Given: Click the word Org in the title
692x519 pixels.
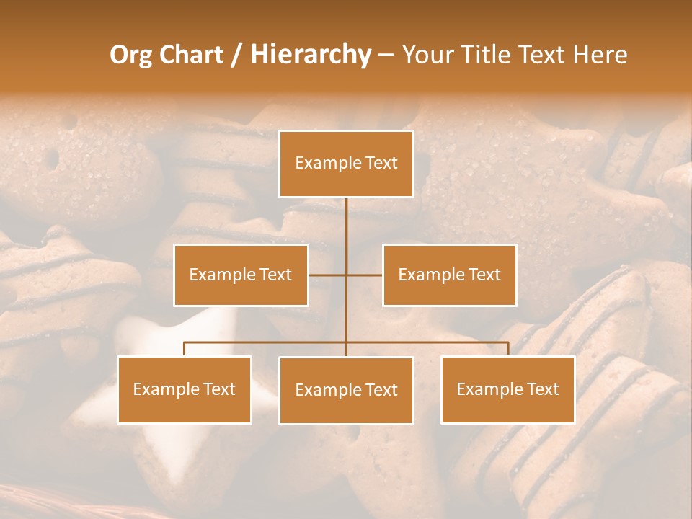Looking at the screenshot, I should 131,55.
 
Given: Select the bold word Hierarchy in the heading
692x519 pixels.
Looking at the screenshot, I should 310,55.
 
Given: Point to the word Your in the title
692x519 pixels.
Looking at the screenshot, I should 427,55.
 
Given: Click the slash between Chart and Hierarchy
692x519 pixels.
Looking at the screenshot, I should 236,55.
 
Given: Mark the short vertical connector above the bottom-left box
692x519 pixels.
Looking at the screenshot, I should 185,349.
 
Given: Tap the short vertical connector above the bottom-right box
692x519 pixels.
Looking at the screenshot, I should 508,349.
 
